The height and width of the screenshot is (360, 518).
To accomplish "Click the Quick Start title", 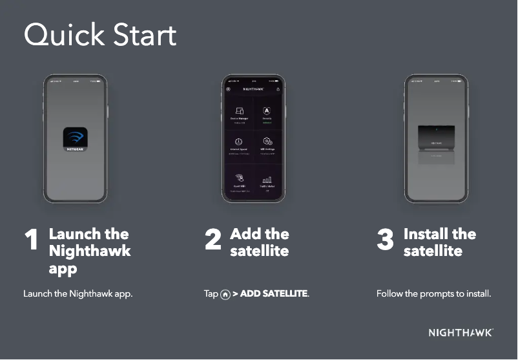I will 100,36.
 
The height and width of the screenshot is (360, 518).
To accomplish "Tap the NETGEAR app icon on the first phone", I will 74,139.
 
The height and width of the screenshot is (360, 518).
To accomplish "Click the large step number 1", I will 30,241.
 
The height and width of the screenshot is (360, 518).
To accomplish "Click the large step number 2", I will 213,241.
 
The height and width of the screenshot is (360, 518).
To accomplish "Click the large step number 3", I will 385,241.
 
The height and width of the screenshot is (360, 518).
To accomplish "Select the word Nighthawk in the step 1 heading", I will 90,251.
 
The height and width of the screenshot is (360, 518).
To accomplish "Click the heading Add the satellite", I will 259,242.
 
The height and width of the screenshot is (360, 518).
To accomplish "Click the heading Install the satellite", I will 439,242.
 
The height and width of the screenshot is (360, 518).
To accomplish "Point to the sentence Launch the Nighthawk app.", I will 78,294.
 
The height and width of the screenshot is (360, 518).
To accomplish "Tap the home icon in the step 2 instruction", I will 225,295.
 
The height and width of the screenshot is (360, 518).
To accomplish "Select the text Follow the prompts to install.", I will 433,294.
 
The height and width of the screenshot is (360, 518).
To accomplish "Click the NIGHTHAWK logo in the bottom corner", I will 461,333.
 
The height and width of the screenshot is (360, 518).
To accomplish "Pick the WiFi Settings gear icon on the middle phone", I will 267,142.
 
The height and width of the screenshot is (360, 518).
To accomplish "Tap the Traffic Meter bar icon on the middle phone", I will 267,179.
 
